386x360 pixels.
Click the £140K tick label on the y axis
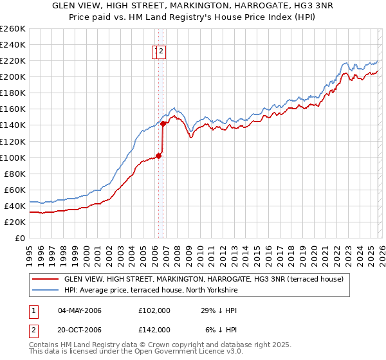click(13, 125)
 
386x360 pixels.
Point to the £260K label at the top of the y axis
click(13, 29)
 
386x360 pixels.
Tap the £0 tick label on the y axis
click(19, 238)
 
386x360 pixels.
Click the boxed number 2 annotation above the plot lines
click(161, 53)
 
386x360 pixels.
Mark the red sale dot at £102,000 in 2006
click(158, 154)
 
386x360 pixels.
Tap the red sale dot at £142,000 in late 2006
click(163, 123)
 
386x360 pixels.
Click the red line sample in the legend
click(46, 279)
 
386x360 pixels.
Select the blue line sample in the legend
click(46, 291)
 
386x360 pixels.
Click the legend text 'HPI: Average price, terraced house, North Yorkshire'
click(151, 291)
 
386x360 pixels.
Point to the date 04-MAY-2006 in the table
click(80, 310)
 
